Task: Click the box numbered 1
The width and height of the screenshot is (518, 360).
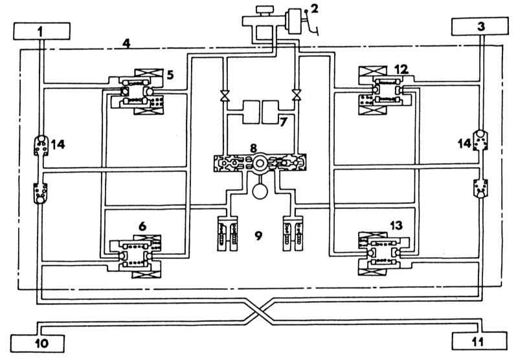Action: point(41,31)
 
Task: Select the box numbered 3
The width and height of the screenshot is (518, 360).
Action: point(480,26)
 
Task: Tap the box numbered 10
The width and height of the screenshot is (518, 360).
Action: point(38,343)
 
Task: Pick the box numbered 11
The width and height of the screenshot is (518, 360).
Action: point(479,341)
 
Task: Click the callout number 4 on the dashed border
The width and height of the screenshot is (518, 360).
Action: point(126,43)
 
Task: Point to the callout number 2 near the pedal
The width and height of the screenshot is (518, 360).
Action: point(315,8)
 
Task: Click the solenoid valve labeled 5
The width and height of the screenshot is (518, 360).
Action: point(136,92)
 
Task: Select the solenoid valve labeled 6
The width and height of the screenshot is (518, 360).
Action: point(135,256)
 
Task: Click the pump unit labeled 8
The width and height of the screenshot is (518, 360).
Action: point(260,163)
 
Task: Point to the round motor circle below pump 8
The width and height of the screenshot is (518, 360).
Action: point(259,191)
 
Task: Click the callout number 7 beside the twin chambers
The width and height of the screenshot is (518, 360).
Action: point(283,122)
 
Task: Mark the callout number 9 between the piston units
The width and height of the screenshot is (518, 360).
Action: point(258,236)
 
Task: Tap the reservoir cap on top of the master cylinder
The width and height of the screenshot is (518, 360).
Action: point(265,10)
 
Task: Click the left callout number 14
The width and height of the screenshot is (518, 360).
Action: point(58,144)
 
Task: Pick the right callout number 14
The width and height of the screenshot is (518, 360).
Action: point(464,144)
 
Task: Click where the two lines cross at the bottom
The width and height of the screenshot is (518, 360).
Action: point(259,311)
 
